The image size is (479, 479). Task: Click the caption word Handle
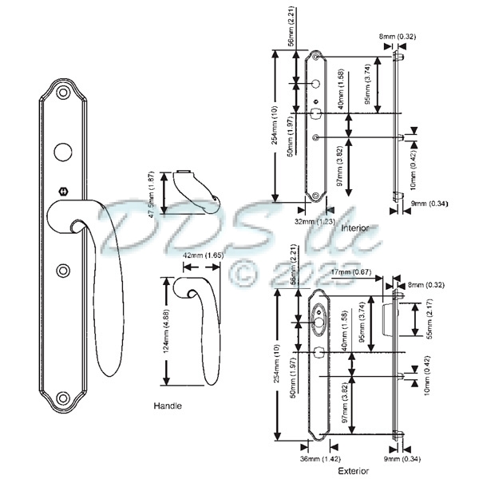[168, 406]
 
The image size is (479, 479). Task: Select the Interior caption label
[354, 228]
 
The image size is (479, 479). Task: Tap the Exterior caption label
[353, 472]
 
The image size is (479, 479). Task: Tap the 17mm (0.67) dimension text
[354, 272]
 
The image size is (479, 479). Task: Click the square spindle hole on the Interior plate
[318, 114]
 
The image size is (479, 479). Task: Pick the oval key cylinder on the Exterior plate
[320, 323]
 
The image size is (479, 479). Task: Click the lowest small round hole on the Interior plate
[318, 139]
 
